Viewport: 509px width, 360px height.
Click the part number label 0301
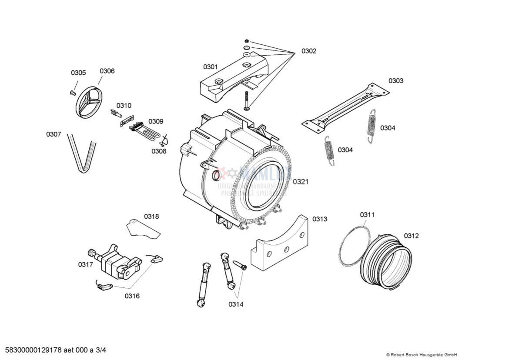point(210,67)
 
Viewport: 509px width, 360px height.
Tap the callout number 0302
point(309,51)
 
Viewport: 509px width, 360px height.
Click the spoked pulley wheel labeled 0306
point(88,103)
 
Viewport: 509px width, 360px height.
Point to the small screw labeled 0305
point(72,92)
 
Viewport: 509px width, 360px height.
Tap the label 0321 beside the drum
point(300,182)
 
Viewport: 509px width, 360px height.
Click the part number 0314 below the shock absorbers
point(236,304)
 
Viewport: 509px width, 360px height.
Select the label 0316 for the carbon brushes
point(132,296)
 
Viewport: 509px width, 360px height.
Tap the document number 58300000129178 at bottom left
point(56,350)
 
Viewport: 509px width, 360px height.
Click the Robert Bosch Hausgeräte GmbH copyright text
point(421,355)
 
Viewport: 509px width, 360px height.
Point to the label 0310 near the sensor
point(124,106)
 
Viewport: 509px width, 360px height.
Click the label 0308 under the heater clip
point(159,151)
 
